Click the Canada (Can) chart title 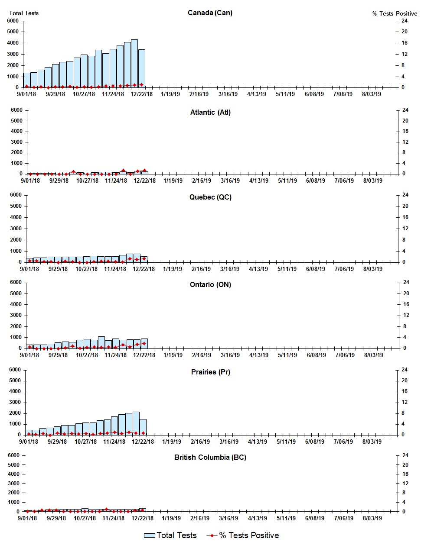pos(210,13)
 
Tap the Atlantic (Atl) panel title pos(210,112)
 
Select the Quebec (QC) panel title pos(210,197)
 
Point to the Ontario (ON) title pos(210,284)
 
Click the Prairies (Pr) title pos(210,372)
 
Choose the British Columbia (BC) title pos(210,457)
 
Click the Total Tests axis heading pos(24,13)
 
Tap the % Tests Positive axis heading pos(395,13)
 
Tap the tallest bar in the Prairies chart pos(136,423)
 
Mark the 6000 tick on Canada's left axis pos(13,21)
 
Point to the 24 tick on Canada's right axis pos(404,21)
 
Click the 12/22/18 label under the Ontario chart pos(144,355)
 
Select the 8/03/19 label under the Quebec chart pos(372,269)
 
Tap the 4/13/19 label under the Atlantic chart pos(258,181)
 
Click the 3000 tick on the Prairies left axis pos(15,402)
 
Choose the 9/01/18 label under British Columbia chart pos(27,518)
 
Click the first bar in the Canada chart pos(27,80)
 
